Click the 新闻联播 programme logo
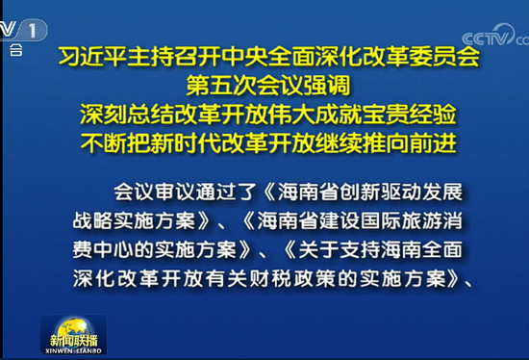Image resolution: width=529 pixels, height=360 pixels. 76,338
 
